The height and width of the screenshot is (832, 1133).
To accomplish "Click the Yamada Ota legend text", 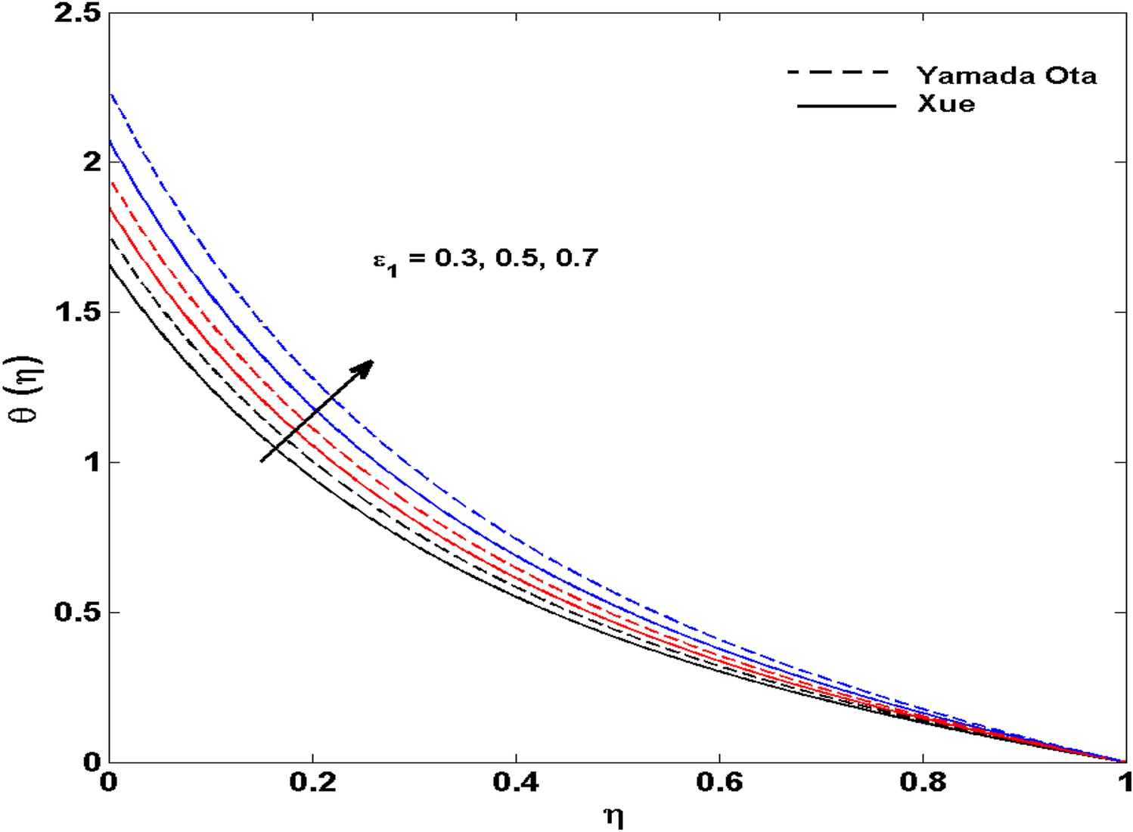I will (x=1006, y=76).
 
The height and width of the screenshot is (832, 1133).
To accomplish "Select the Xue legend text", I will (x=946, y=104).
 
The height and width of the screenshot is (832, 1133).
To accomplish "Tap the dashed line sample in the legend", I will (x=839, y=73).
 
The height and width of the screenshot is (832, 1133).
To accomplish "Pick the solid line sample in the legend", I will (x=846, y=106).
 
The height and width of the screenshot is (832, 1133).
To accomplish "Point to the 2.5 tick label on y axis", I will (x=77, y=13).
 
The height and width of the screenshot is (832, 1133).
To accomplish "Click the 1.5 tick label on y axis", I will (x=77, y=312).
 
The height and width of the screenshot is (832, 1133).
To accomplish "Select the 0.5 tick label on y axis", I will (x=77, y=612).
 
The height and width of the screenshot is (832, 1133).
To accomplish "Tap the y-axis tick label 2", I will (x=92, y=162).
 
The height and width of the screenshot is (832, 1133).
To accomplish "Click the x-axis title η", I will (x=614, y=817).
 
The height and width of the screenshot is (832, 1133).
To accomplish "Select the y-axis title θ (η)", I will (x=29, y=390).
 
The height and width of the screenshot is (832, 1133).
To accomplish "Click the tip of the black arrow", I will (x=373, y=361).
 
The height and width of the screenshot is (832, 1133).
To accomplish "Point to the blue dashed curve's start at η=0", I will (x=110, y=94).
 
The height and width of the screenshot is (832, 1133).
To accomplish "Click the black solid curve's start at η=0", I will (x=110, y=264).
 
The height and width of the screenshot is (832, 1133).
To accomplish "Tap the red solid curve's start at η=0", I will (x=110, y=208).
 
